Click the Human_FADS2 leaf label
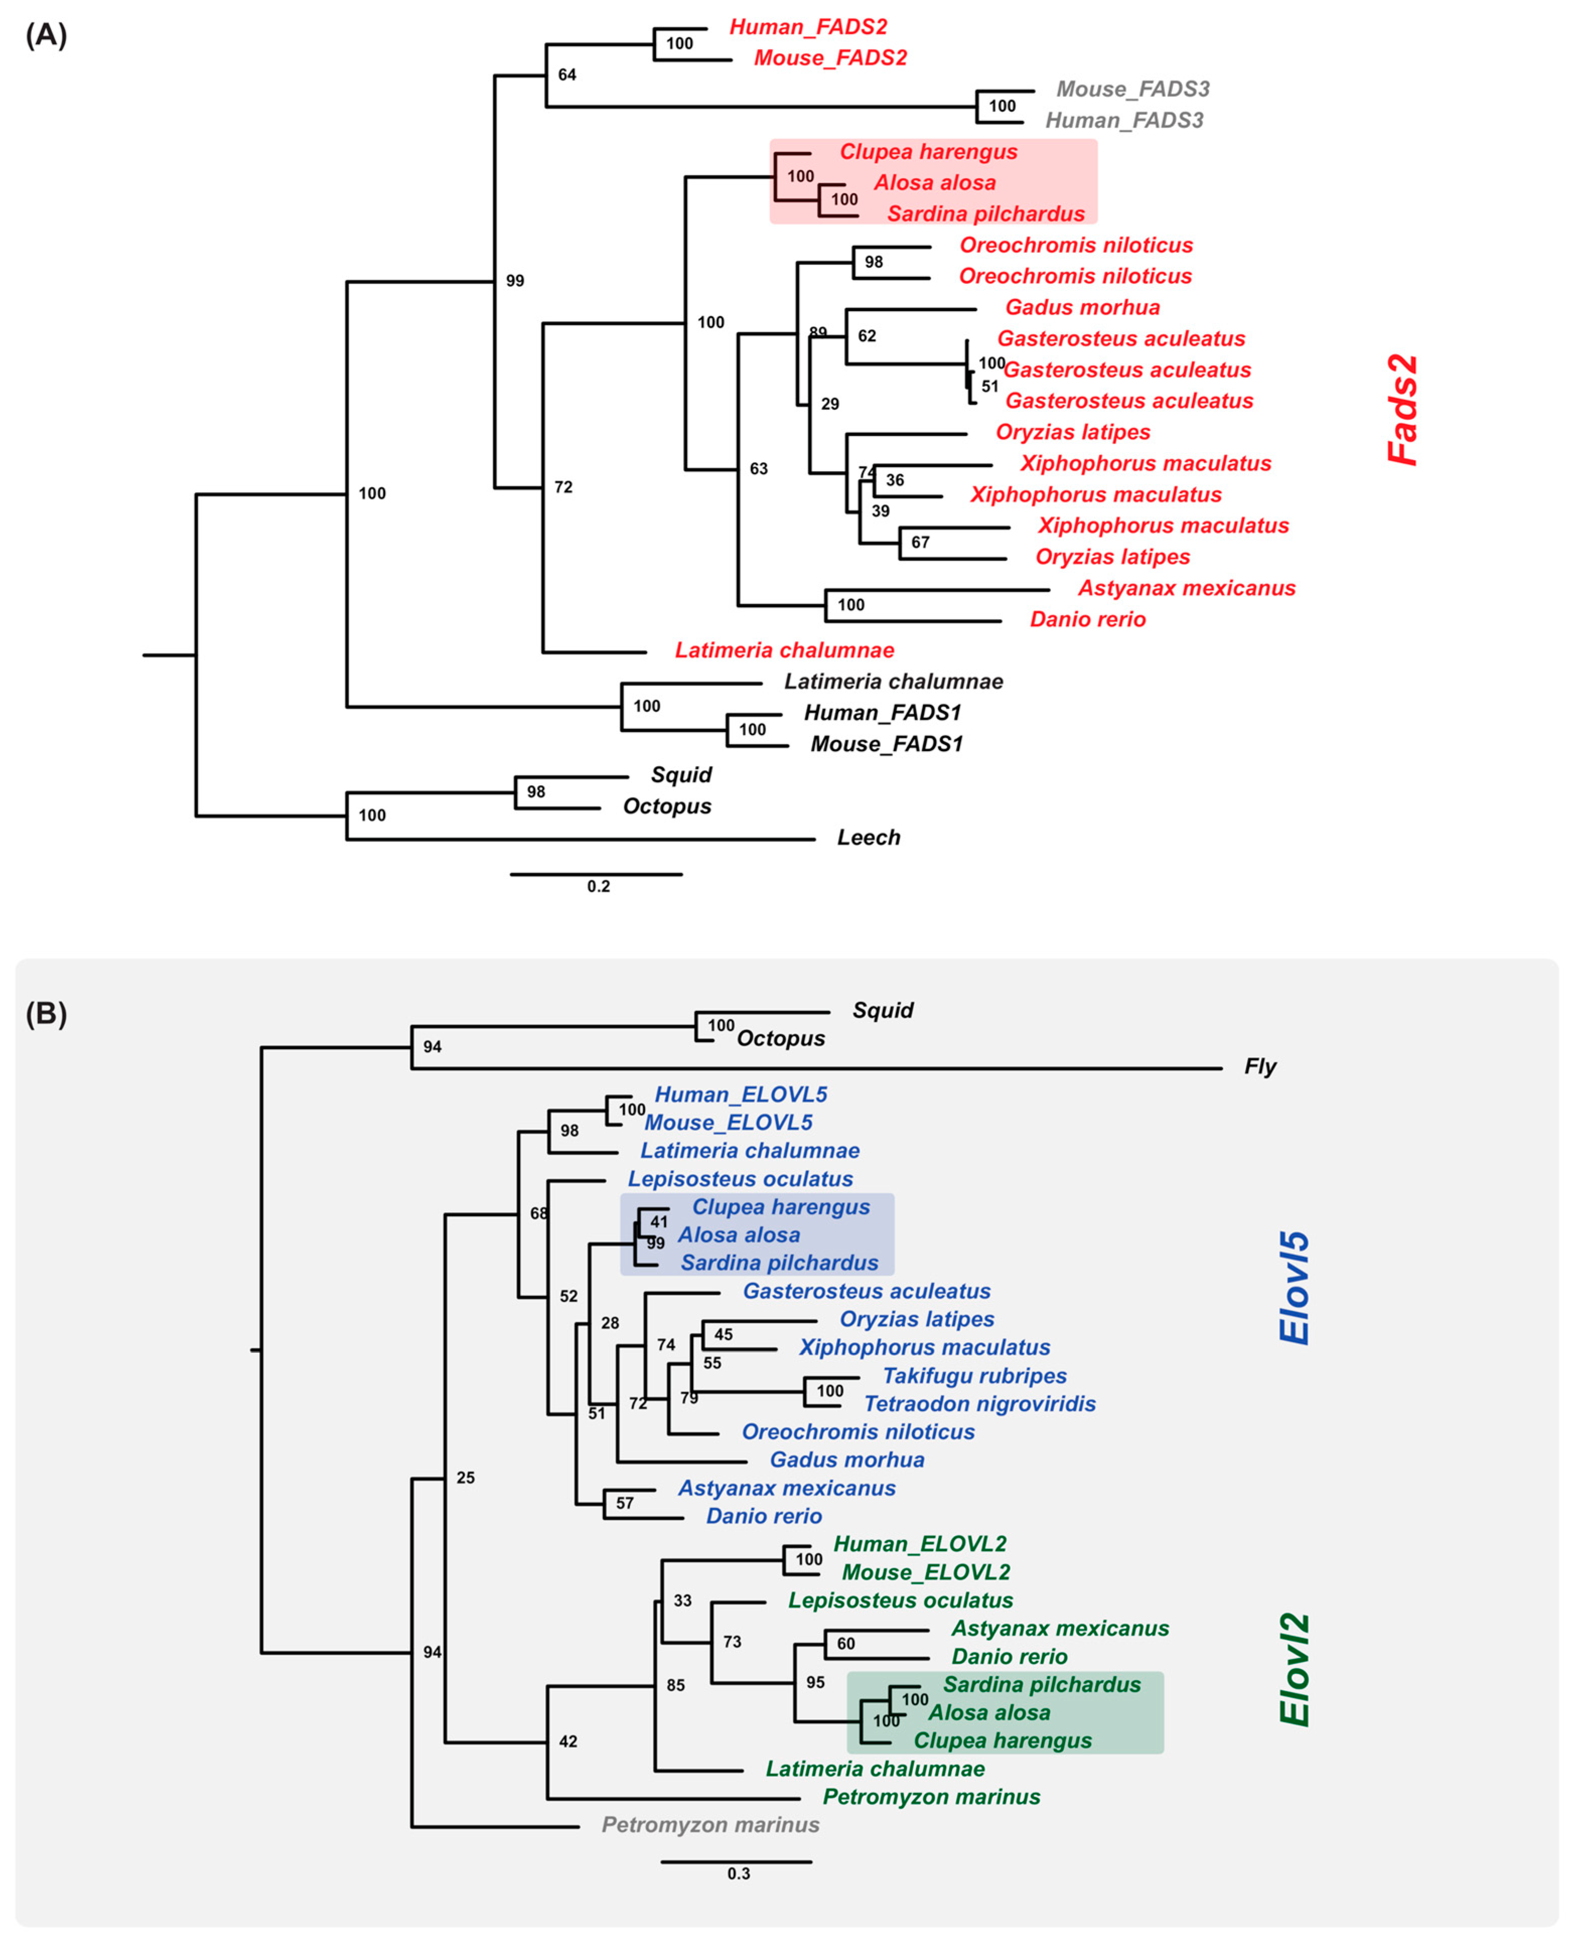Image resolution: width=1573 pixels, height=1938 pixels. pos(808,27)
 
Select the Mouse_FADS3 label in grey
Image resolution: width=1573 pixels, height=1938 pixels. pos(1133,89)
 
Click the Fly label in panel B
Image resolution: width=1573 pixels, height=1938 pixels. pos(1259,1066)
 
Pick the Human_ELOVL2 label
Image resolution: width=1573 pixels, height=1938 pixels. pos(920,1544)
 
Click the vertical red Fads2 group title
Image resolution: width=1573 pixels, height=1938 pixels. pos(1403,410)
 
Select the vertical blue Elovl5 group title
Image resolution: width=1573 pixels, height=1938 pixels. pos(1294,1288)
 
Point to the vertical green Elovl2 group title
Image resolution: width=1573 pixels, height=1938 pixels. pos(1294,1670)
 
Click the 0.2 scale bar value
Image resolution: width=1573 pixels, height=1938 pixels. pos(598,886)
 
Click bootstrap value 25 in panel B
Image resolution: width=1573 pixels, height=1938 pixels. pos(465,1478)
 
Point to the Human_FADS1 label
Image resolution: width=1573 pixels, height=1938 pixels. pos(882,713)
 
